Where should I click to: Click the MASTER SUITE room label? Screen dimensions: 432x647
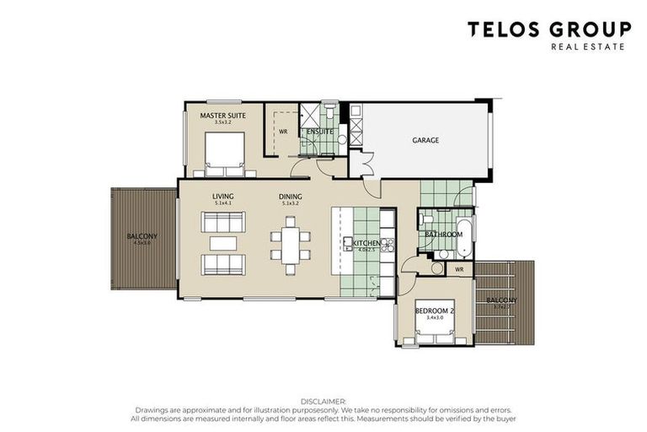(222, 115)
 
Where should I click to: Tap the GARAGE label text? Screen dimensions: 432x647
(425, 140)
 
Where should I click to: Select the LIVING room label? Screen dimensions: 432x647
(223, 197)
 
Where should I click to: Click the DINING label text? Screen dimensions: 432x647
(291, 197)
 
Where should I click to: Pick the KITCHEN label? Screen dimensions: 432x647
(356, 242)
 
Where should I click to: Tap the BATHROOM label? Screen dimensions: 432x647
(443, 234)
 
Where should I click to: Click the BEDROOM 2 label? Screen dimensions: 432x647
(435, 311)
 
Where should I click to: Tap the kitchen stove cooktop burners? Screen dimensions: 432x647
(388, 245)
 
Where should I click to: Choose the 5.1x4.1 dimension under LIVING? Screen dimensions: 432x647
(223, 204)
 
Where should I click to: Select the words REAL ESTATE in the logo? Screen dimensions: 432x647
(587, 47)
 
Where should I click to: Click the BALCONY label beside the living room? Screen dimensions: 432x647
(142, 236)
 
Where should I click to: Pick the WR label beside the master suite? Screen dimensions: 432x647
(283, 132)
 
